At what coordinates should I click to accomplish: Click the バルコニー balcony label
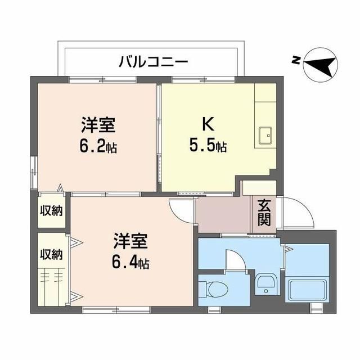[x=153, y=62]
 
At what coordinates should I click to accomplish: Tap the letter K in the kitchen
[x=208, y=124]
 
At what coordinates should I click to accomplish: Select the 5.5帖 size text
[x=208, y=146]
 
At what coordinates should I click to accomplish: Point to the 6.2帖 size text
[x=98, y=146]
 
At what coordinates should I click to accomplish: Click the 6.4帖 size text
[x=130, y=263]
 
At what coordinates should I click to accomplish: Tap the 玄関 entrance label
[x=264, y=213]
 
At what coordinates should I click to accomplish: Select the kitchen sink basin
[x=265, y=136]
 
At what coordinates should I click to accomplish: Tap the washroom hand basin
[x=266, y=283]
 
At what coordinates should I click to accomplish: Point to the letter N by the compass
[x=296, y=60]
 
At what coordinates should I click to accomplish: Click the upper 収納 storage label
[x=51, y=210]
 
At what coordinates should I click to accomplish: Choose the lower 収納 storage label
[x=51, y=254]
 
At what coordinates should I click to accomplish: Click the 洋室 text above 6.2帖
[x=98, y=125]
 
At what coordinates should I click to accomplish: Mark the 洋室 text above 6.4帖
[x=130, y=241]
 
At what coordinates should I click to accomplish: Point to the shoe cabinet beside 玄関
[x=259, y=188]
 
